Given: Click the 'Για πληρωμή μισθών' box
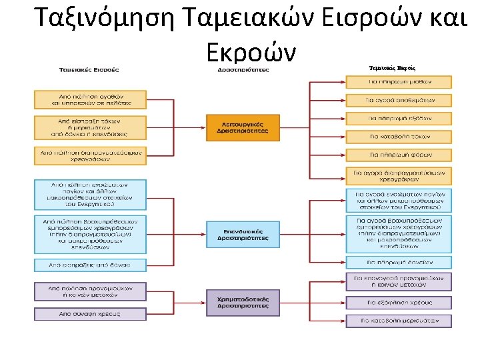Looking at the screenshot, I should [399, 82].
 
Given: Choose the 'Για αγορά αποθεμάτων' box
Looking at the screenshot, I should [399, 100].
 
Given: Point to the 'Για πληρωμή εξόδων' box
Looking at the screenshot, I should [399, 119].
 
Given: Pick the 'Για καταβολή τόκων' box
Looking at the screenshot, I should [399, 137].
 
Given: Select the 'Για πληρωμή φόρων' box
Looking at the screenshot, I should [399, 155].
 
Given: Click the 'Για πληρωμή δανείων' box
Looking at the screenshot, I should [399, 262].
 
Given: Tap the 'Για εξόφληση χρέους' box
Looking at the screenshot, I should [399, 303].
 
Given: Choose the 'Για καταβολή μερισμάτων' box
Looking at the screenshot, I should [399, 321].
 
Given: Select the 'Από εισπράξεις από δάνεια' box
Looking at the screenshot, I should [90, 265].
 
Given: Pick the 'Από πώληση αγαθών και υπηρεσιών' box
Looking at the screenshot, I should [90, 99].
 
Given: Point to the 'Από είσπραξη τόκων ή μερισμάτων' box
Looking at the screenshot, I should [90, 127].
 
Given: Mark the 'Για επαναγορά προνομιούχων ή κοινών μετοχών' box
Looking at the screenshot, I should [399, 281].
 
